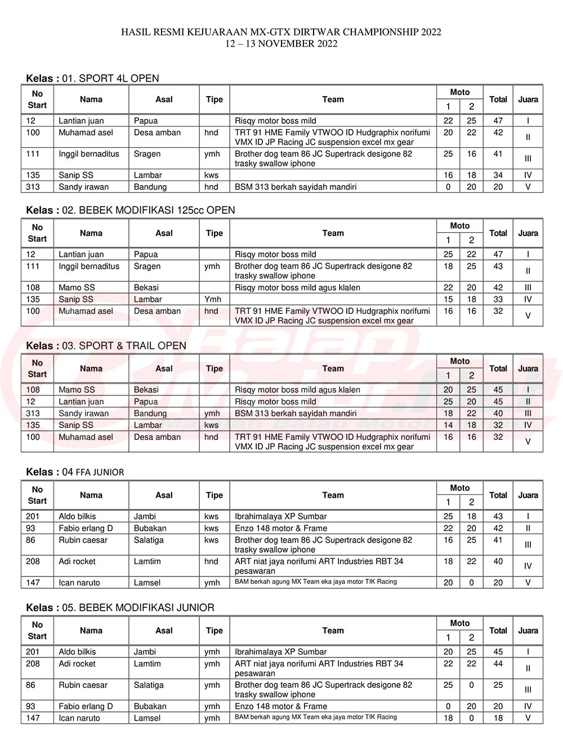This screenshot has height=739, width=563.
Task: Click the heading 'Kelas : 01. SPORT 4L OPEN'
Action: coord(92,78)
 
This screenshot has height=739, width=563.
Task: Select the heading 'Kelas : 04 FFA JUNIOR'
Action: coord(75,472)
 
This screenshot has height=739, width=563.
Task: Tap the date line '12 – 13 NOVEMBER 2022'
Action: coord(281,43)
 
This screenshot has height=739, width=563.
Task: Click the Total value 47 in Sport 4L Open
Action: coord(498,120)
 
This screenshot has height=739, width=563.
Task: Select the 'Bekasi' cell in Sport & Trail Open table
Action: coord(146,389)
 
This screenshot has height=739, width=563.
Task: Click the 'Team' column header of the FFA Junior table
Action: coord(333,495)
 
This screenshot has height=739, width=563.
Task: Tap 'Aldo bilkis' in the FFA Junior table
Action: coord(77,516)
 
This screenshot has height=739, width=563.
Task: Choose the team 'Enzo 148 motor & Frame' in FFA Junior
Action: coord(280,528)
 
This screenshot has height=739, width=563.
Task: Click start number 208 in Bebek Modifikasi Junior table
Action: coord(33,664)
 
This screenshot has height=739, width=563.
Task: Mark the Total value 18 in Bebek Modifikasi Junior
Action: coord(498,718)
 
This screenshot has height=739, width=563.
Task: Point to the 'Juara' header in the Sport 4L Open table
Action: coord(528,100)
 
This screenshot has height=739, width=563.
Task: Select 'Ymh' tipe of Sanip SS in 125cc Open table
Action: coord(213,299)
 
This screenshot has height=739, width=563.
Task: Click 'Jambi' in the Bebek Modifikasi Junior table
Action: coord(145,652)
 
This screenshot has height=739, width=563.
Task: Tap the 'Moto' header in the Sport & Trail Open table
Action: coord(459,361)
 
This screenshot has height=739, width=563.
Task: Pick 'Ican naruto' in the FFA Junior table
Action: coord(79,583)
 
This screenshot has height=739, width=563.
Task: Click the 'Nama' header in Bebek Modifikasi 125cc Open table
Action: coord(91,233)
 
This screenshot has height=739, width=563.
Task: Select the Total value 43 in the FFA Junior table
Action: coord(498,516)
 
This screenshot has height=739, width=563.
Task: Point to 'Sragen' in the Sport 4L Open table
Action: coord(147,154)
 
